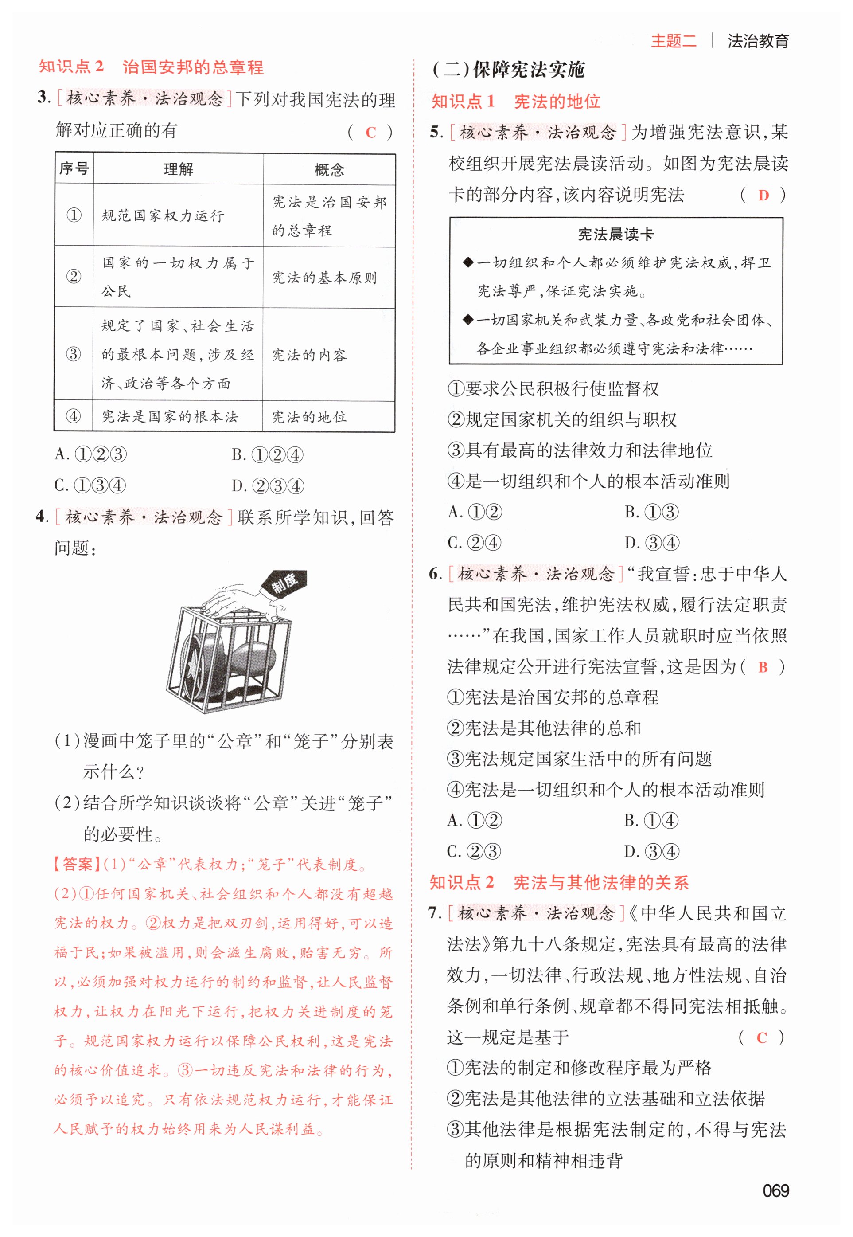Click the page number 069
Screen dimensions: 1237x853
(775, 1190)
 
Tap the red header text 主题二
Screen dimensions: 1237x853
(674, 41)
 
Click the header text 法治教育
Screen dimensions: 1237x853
(758, 41)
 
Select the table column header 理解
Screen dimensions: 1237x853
(178, 169)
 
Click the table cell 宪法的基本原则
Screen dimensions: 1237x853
(324, 278)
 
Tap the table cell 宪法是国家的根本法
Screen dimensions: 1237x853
(170, 417)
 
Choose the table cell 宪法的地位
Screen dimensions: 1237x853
(309, 417)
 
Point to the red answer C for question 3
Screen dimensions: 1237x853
(370, 133)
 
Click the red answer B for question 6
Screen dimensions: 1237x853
(763, 667)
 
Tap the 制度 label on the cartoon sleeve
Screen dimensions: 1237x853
(284, 583)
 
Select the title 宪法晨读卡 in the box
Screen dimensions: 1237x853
(615, 234)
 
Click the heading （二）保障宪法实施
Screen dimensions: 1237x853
(508, 70)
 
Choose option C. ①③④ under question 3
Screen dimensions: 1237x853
(90, 485)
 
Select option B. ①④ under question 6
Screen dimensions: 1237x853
(651, 820)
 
